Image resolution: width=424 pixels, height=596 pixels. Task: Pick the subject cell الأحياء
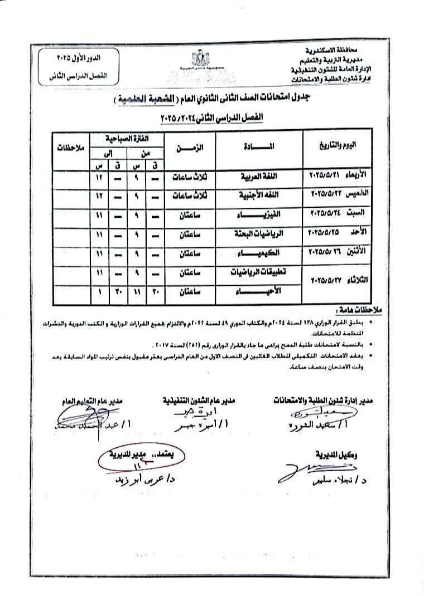pos(258,292)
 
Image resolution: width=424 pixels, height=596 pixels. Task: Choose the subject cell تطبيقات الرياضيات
pos(258,272)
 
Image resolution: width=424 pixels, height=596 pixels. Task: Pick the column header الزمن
pos(190,148)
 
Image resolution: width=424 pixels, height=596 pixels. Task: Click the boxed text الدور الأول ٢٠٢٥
pos(82,57)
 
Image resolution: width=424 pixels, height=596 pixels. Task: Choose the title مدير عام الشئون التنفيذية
pos(199,400)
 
